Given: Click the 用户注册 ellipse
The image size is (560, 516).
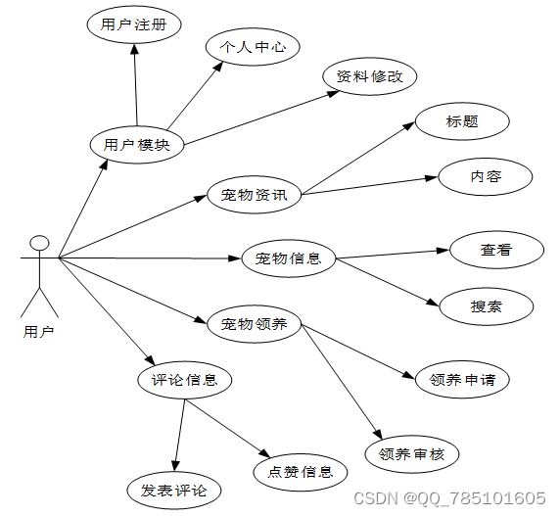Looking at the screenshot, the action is pyautogui.click(x=134, y=24).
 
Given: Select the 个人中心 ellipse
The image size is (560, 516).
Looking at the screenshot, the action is pyautogui.click(x=253, y=47).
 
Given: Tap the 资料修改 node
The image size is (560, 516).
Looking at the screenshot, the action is pyautogui.click(x=370, y=76).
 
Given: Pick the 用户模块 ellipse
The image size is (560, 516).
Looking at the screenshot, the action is pyautogui.click(x=137, y=145).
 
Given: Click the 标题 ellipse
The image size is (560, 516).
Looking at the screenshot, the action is pyautogui.click(x=462, y=121).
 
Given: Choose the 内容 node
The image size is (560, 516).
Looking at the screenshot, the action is pyautogui.click(x=486, y=177).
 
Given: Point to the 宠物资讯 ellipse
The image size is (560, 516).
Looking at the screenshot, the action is pyautogui.click(x=254, y=195).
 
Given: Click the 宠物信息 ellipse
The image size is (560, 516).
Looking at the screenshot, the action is pyautogui.click(x=289, y=258).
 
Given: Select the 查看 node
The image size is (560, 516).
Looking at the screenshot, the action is pyautogui.click(x=496, y=250).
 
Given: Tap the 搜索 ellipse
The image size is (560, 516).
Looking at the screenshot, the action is pyautogui.click(x=486, y=306).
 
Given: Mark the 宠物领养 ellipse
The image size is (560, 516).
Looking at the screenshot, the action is pyautogui.click(x=254, y=324).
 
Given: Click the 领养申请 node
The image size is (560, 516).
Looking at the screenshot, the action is pyautogui.click(x=462, y=379).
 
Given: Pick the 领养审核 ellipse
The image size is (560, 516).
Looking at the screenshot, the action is pyautogui.click(x=412, y=454).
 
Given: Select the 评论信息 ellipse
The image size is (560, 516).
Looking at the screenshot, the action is pyautogui.click(x=185, y=380).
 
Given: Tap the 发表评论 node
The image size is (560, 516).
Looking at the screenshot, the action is pyautogui.click(x=174, y=491).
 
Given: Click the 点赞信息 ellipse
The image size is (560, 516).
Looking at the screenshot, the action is pyautogui.click(x=301, y=472).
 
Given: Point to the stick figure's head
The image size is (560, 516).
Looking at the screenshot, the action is pyautogui.click(x=39, y=243).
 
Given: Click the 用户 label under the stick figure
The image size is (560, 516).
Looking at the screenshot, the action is pyautogui.click(x=38, y=332).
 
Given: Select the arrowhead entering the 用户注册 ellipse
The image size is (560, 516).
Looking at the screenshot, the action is pyautogui.click(x=134, y=50).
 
